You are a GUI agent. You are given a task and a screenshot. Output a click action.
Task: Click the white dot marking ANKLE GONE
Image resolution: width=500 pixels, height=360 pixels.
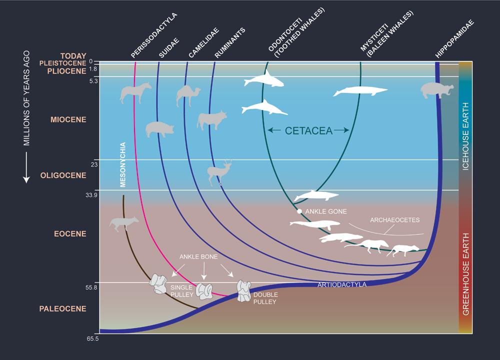tap(299, 211)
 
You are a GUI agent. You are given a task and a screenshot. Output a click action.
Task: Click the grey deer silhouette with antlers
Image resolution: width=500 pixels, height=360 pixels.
tap(220, 172)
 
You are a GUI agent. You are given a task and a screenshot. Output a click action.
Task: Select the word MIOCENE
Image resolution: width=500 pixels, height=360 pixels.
tap(68, 120)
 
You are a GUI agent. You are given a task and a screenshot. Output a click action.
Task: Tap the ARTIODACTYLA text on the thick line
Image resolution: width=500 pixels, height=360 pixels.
tap(342, 285)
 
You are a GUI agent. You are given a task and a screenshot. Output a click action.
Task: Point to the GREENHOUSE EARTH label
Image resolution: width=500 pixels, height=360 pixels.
tap(465, 273)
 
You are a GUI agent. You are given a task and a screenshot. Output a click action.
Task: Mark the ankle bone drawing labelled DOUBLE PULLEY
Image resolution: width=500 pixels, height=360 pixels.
tap(243, 291)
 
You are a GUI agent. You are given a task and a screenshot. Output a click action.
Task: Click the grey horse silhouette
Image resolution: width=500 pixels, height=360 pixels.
tap(135, 93)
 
